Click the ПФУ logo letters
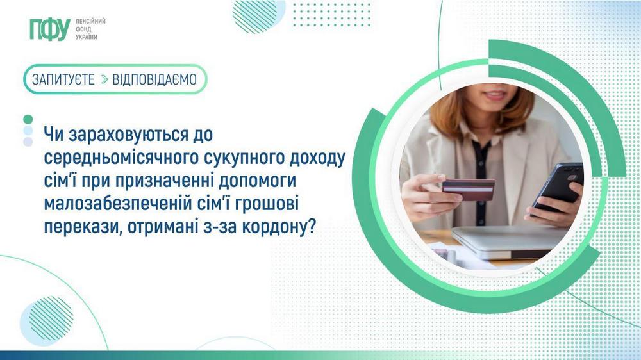pos(49,29)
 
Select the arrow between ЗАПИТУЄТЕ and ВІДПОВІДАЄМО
pos(104,79)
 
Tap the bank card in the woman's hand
pos(468,189)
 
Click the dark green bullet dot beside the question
pos(28,119)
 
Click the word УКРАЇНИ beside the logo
pos(87,37)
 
